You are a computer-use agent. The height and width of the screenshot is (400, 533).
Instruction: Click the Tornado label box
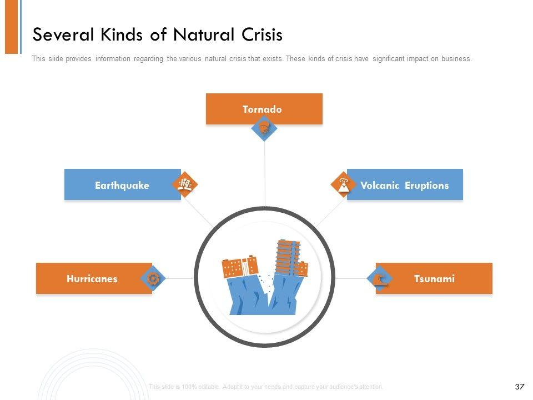click(264, 109)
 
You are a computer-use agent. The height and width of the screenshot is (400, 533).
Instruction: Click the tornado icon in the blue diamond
click(264, 128)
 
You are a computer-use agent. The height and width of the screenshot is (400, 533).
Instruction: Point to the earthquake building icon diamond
click(185, 185)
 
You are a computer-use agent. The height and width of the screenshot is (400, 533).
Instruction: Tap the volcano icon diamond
click(344, 184)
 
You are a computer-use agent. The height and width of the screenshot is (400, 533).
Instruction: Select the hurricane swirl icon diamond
click(154, 278)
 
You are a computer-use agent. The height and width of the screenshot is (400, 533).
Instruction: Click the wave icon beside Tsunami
click(380, 278)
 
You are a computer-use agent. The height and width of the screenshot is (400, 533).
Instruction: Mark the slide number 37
click(520, 386)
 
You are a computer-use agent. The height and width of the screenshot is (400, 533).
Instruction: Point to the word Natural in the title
click(198, 34)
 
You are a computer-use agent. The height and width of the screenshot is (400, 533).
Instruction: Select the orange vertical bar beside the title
click(12, 27)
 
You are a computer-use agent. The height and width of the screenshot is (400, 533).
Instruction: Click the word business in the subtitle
click(456, 59)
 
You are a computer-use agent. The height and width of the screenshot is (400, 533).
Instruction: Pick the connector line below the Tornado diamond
click(265, 172)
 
